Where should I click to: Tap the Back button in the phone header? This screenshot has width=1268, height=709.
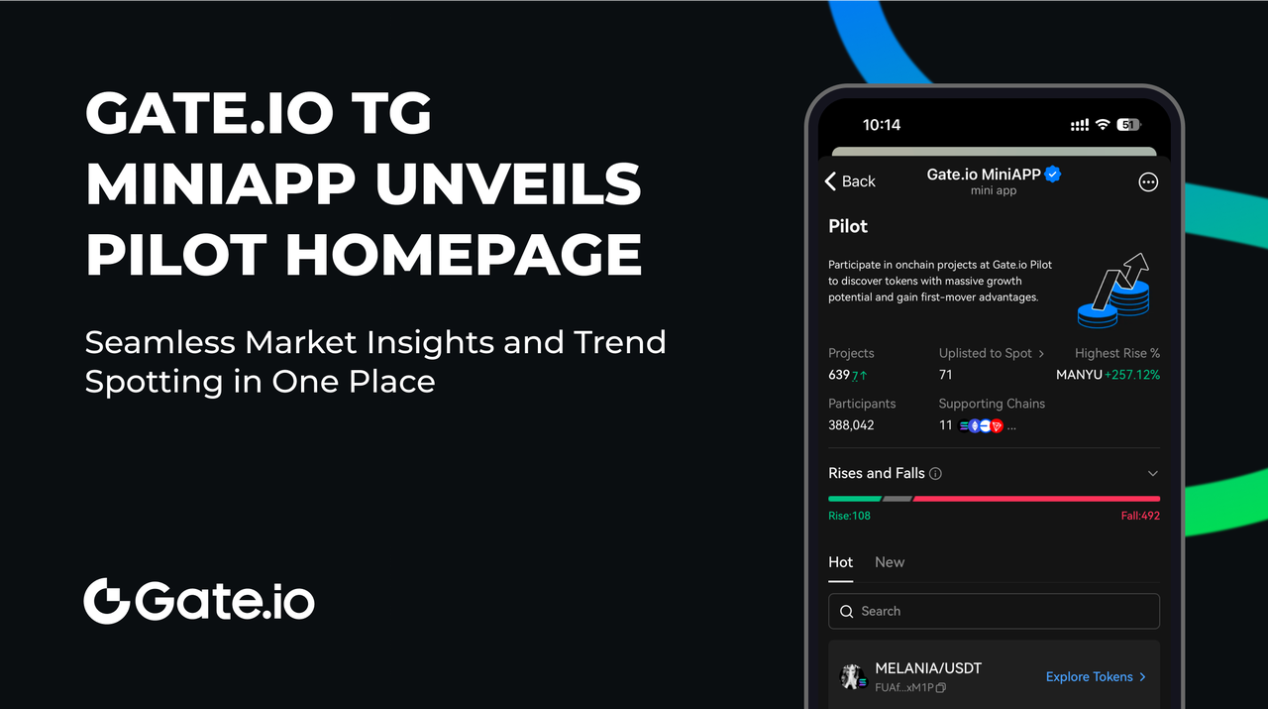[850, 181]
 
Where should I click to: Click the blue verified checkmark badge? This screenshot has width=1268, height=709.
[1053, 174]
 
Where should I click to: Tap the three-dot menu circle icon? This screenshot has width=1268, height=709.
[1148, 181]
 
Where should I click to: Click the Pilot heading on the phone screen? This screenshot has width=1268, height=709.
[847, 226]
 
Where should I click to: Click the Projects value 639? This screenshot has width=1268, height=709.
[839, 375]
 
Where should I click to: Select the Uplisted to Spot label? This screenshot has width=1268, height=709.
[985, 353]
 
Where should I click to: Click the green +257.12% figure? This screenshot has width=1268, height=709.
[1132, 375]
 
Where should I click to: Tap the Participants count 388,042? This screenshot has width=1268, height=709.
[851, 425]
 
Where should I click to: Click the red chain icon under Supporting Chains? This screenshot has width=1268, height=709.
[997, 425]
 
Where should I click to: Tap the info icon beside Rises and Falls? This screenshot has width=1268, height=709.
[936, 474]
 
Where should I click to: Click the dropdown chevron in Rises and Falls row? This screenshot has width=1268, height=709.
[1152, 473]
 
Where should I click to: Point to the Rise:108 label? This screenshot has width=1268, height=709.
[849, 516]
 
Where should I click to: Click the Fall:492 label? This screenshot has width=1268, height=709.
[1140, 516]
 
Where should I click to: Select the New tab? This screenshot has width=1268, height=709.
[890, 562]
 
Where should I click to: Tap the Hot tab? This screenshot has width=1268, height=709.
[841, 562]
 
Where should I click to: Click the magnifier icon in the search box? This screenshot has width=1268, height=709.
[846, 611]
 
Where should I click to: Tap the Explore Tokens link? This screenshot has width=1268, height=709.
[1096, 676]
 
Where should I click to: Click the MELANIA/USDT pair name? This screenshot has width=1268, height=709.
[928, 668]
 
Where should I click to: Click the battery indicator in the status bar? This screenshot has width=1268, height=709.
[1128, 125]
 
